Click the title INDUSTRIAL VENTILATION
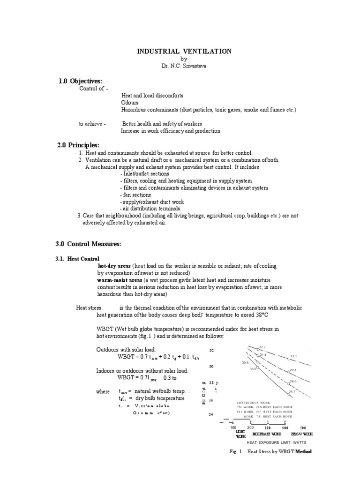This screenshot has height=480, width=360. (184, 51)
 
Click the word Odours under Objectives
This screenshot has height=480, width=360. (130, 102)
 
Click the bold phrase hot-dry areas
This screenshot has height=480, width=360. (114, 265)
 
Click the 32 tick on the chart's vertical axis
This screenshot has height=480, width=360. (211, 350)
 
